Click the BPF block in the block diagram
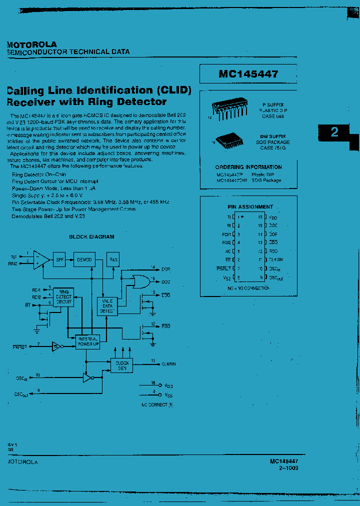pyautogui.click(x=60, y=259)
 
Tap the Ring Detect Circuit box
pyautogui.click(x=64, y=296)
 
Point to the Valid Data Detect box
pyautogui.click(x=107, y=305)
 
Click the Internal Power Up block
pyautogui.click(x=88, y=341)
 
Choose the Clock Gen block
pyautogui.click(x=122, y=365)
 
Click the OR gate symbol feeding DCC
pyautogui.click(x=139, y=282)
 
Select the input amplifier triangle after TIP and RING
pyautogui.click(x=42, y=259)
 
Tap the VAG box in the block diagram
pyautogui.click(x=113, y=259)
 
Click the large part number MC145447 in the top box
pyautogui.click(x=248, y=74)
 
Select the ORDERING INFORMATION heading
pyautogui.click(x=248, y=167)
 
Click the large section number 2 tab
pyautogui.click(x=335, y=132)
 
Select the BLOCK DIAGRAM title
pyautogui.click(x=91, y=236)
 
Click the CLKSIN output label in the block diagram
pyautogui.click(x=169, y=364)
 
